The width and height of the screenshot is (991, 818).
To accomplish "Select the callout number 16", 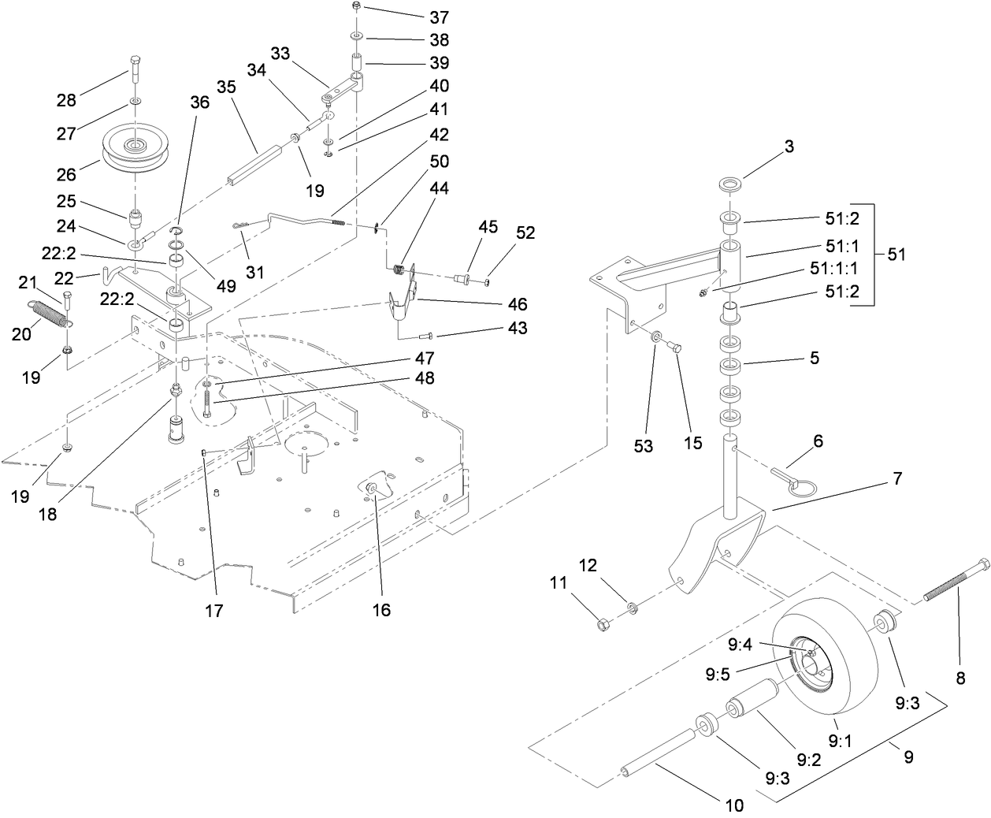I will (381, 610).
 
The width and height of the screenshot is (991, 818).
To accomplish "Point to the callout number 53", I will (644, 446).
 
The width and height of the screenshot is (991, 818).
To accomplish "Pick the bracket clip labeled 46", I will (403, 303).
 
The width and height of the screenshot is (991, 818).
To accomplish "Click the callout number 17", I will (214, 610).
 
